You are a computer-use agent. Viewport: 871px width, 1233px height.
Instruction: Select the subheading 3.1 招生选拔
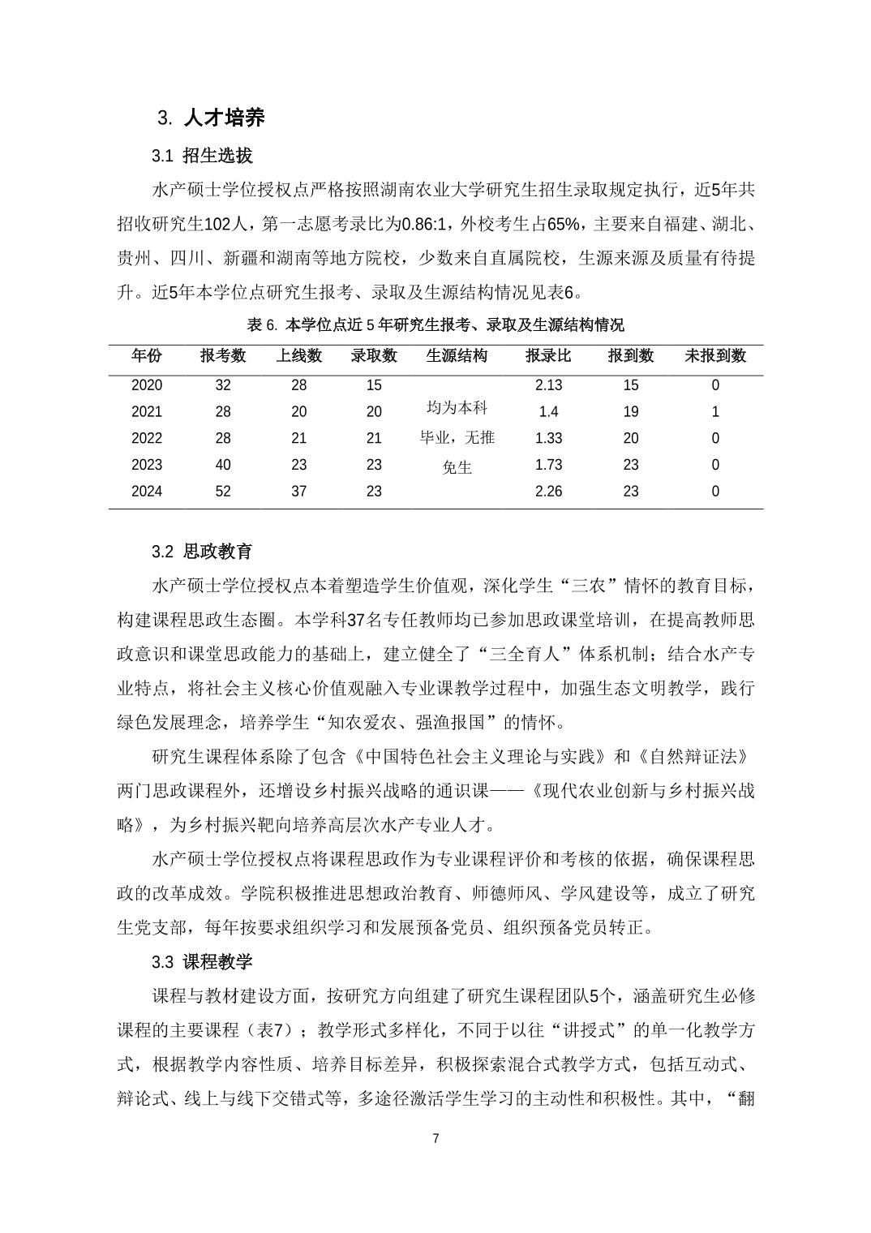tap(202, 156)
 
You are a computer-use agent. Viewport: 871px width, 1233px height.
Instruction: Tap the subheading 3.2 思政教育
tap(202, 552)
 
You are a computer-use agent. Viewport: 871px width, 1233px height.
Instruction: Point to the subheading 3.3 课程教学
tap(202, 962)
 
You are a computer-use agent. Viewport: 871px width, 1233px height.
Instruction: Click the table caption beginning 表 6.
tap(435, 325)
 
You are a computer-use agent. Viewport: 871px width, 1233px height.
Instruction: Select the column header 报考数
tap(223, 355)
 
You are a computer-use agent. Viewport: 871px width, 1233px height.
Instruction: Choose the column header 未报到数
tap(714, 355)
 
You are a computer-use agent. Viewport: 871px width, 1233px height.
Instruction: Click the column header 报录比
tap(548, 355)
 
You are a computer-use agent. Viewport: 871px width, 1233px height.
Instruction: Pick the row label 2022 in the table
tap(147, 438)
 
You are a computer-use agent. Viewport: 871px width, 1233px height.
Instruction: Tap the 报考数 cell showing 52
tap(223, 491)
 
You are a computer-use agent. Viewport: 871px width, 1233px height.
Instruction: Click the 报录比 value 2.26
tap(548, 491)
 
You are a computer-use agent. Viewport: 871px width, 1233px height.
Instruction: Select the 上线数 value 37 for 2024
tap(299, 491)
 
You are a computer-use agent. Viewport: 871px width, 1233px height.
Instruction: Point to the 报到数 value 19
tap(631, 411)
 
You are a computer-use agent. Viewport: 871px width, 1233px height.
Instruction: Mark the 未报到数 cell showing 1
tap(714, 411)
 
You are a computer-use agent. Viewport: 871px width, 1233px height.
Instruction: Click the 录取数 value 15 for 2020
tap(374, 385)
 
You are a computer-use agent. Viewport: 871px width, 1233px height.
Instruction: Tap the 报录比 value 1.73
tap(548, 465)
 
